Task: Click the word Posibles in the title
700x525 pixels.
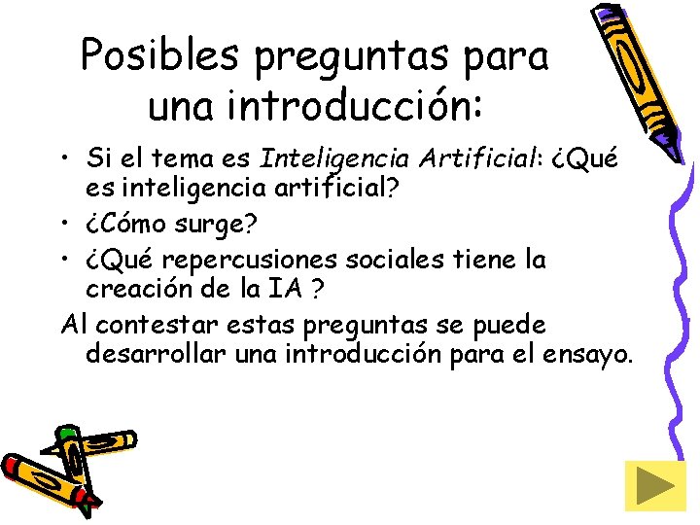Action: point(159,55)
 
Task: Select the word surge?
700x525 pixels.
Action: point(218,227)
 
